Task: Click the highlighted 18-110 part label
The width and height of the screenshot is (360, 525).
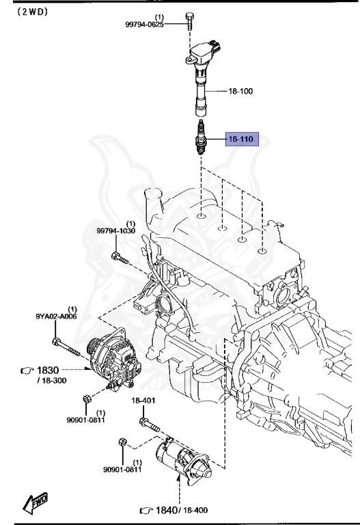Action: click(240, 139)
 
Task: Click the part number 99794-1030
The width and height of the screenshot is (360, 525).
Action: click(117, 232)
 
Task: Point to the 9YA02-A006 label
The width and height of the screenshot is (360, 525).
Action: click(52, 317)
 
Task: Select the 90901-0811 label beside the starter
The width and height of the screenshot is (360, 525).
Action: click(122, 469)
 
